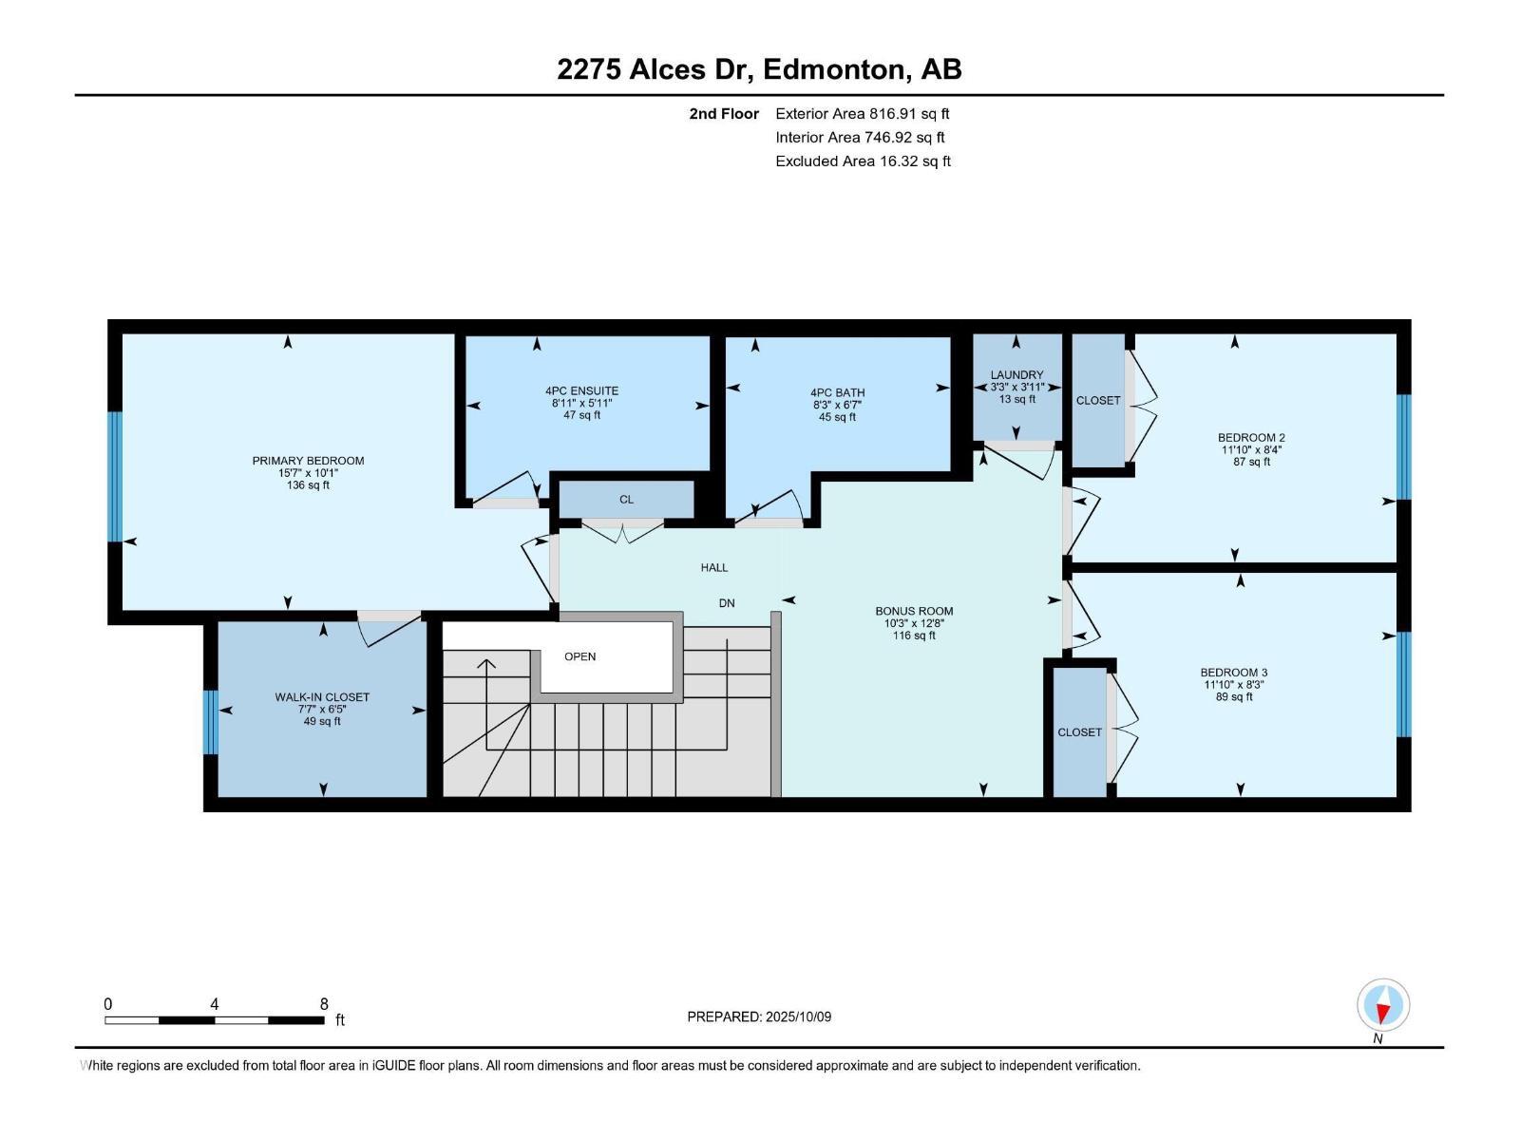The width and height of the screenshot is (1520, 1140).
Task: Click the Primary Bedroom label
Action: pyautogui.click(x=308, y=461)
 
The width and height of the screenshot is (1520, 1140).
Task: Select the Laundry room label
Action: pyautogui.click(x=1016, y=375)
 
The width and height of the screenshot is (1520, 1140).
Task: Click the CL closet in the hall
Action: pyautogui.click(x=626, y=500)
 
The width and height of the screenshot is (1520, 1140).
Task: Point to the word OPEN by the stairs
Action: pyautogui.click(x=579, y=656)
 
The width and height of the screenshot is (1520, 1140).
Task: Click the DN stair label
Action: pyautogui.click(x=727, y=603)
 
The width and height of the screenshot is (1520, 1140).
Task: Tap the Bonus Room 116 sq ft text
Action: pyautogui.click(x=913, y=636)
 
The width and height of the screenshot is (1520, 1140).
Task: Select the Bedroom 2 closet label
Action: pyautogui.click(x=1098, y=400)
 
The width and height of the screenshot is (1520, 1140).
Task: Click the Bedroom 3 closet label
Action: pyautogui.click(x=1080, y=732)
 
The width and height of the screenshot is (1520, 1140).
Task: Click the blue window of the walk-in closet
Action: pyautogui.click(x=211, y=722)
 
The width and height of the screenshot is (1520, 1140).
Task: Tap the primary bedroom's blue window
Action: pyautogui.click(x=115, y=476)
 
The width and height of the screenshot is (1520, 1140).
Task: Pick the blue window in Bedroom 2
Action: pyautogui.click(x=1403, y=446)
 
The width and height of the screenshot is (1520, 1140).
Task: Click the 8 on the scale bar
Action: pyautogui.click(x=324, y=1004)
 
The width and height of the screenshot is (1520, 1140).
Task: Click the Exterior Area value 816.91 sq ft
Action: pyautogui.click(x=909, y=113)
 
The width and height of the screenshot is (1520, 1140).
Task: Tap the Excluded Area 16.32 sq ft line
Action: pyautogui.click(x=863, y=161)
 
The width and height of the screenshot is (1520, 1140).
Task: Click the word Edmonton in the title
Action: pyautogui.click(x=832, y=69)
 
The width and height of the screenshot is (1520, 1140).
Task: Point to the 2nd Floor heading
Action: pyautogui.click(x=724, y=113)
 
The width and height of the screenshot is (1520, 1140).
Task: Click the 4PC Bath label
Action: pyautogui.click(x=837, y=392)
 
